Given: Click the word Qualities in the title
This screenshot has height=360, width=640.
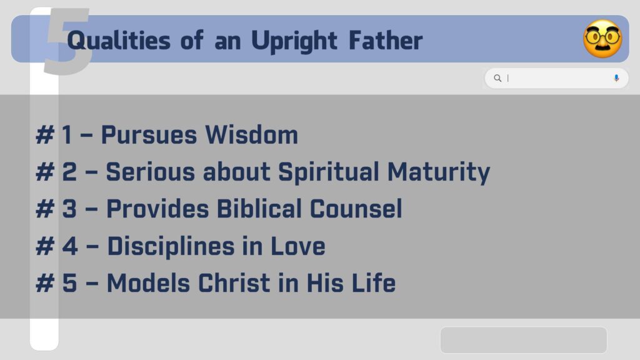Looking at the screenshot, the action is (118, 41).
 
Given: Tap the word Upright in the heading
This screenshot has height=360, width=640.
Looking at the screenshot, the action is (294, 41).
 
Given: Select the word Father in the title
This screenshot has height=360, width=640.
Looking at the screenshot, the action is (386, 41).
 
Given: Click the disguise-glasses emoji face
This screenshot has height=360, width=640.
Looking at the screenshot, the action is (602, 39).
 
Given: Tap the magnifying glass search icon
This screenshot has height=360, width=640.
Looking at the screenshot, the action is (497, 78).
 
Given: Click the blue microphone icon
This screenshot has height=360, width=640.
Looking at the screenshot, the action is (616, 78).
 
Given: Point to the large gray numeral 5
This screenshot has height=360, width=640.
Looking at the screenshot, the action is (67, 41).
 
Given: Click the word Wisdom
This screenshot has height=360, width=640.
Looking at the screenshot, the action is (251, 135).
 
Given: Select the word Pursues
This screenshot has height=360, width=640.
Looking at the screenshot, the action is (149, 135).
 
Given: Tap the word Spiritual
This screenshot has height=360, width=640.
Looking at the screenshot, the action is (329, 172).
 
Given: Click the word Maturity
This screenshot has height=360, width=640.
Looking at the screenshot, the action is (438, 172).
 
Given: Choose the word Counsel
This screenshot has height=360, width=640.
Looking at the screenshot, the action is (356, 209).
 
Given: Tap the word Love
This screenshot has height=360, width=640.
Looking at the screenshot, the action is (298, 246).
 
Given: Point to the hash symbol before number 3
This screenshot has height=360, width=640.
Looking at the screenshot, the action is (45, 209).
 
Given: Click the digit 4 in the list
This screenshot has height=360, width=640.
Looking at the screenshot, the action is (70, 246).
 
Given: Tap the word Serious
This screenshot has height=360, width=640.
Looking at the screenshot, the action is (150, 172).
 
